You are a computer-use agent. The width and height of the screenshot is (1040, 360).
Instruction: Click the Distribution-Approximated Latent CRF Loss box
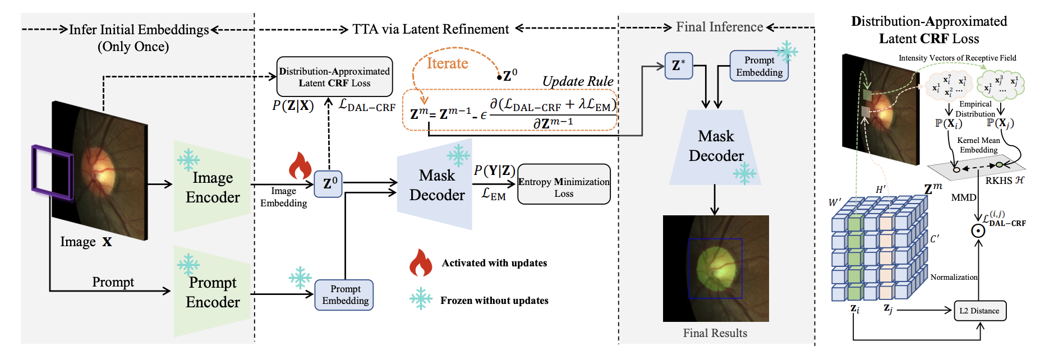pos(334,77)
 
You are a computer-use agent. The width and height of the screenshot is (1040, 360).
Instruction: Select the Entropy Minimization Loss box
pos(564,184)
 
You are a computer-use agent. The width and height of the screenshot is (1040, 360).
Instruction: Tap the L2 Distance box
pos(979,311)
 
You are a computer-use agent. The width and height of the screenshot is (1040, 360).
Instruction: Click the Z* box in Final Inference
pos(678,66)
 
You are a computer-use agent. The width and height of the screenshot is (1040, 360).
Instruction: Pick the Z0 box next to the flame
pos(329,184)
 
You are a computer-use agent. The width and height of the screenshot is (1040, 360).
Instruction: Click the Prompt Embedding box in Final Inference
pos(759,66)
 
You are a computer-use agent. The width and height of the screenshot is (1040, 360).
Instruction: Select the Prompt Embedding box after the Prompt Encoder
pos(344,295)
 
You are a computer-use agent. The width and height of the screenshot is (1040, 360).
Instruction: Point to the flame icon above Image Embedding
pos(300,165)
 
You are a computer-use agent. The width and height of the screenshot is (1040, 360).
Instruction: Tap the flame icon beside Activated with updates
pos(420,263)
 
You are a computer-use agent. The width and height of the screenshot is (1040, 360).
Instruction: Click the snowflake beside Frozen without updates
pos(420,299)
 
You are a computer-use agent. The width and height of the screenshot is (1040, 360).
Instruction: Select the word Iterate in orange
pos(447,63)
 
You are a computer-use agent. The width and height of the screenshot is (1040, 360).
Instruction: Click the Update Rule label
pos(577,82)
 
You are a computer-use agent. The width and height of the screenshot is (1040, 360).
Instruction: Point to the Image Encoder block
pos(212,187)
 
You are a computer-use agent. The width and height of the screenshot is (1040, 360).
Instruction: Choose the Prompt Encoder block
pos(212,292)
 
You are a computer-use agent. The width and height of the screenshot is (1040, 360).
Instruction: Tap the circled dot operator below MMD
pos(978,230)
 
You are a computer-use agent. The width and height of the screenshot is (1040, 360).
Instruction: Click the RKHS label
pos(1004,181)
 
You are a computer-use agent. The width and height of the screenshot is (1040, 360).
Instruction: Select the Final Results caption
pos(715,333)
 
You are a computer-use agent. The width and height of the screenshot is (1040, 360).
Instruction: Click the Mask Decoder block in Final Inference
pos(716,147)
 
